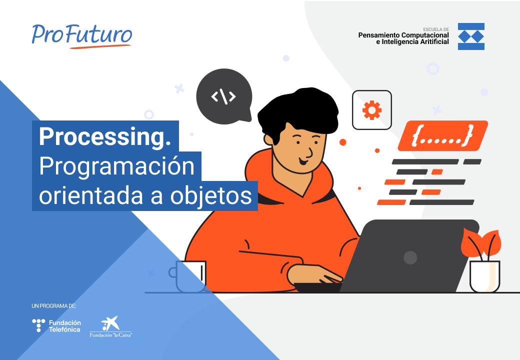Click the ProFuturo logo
click(82, 35)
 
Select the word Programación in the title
click(116, 166)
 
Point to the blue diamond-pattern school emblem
click(471, 36)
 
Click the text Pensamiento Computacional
click(403, 35)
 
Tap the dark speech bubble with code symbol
click(223, 96)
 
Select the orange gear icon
click(371, 110)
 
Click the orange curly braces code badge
click(442, 135)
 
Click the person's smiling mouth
click(303, 161)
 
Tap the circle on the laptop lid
click(410, 257)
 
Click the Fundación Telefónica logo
click(56, 326)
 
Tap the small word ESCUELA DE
click(435, 29)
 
